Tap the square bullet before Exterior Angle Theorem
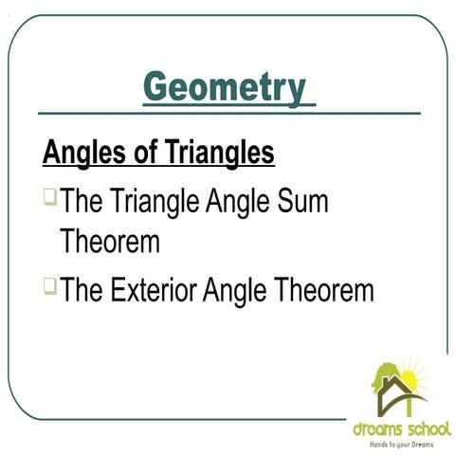click(x=49, y=283)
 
